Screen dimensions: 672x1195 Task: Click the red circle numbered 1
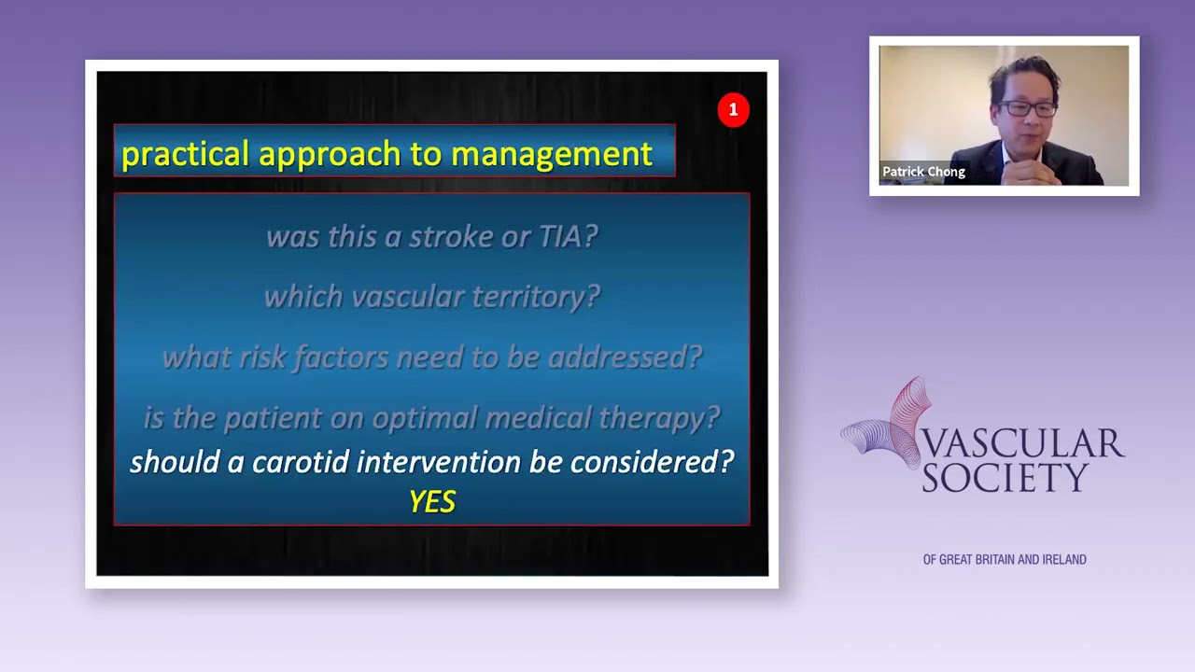pos(733,110)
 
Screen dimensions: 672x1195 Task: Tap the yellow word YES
pos(432,502)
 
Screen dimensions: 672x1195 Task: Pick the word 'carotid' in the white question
pos(300,462)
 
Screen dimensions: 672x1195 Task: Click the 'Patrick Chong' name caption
pos(923,172)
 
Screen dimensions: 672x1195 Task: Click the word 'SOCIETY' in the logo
pos(1005,478)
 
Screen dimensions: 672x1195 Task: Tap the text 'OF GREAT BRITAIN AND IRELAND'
pos(1005,560)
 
